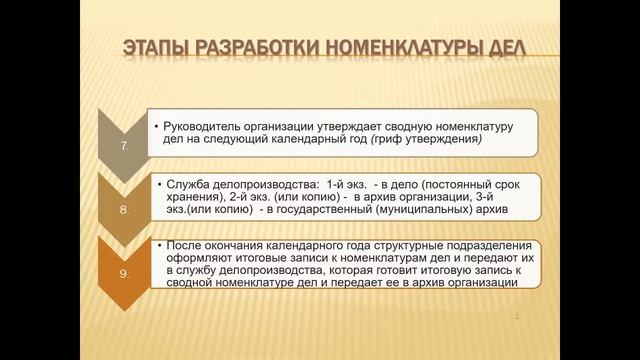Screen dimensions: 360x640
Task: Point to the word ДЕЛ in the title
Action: [x=497, y=50]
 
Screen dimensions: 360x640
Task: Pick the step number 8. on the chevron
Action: [x=124, y=212]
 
